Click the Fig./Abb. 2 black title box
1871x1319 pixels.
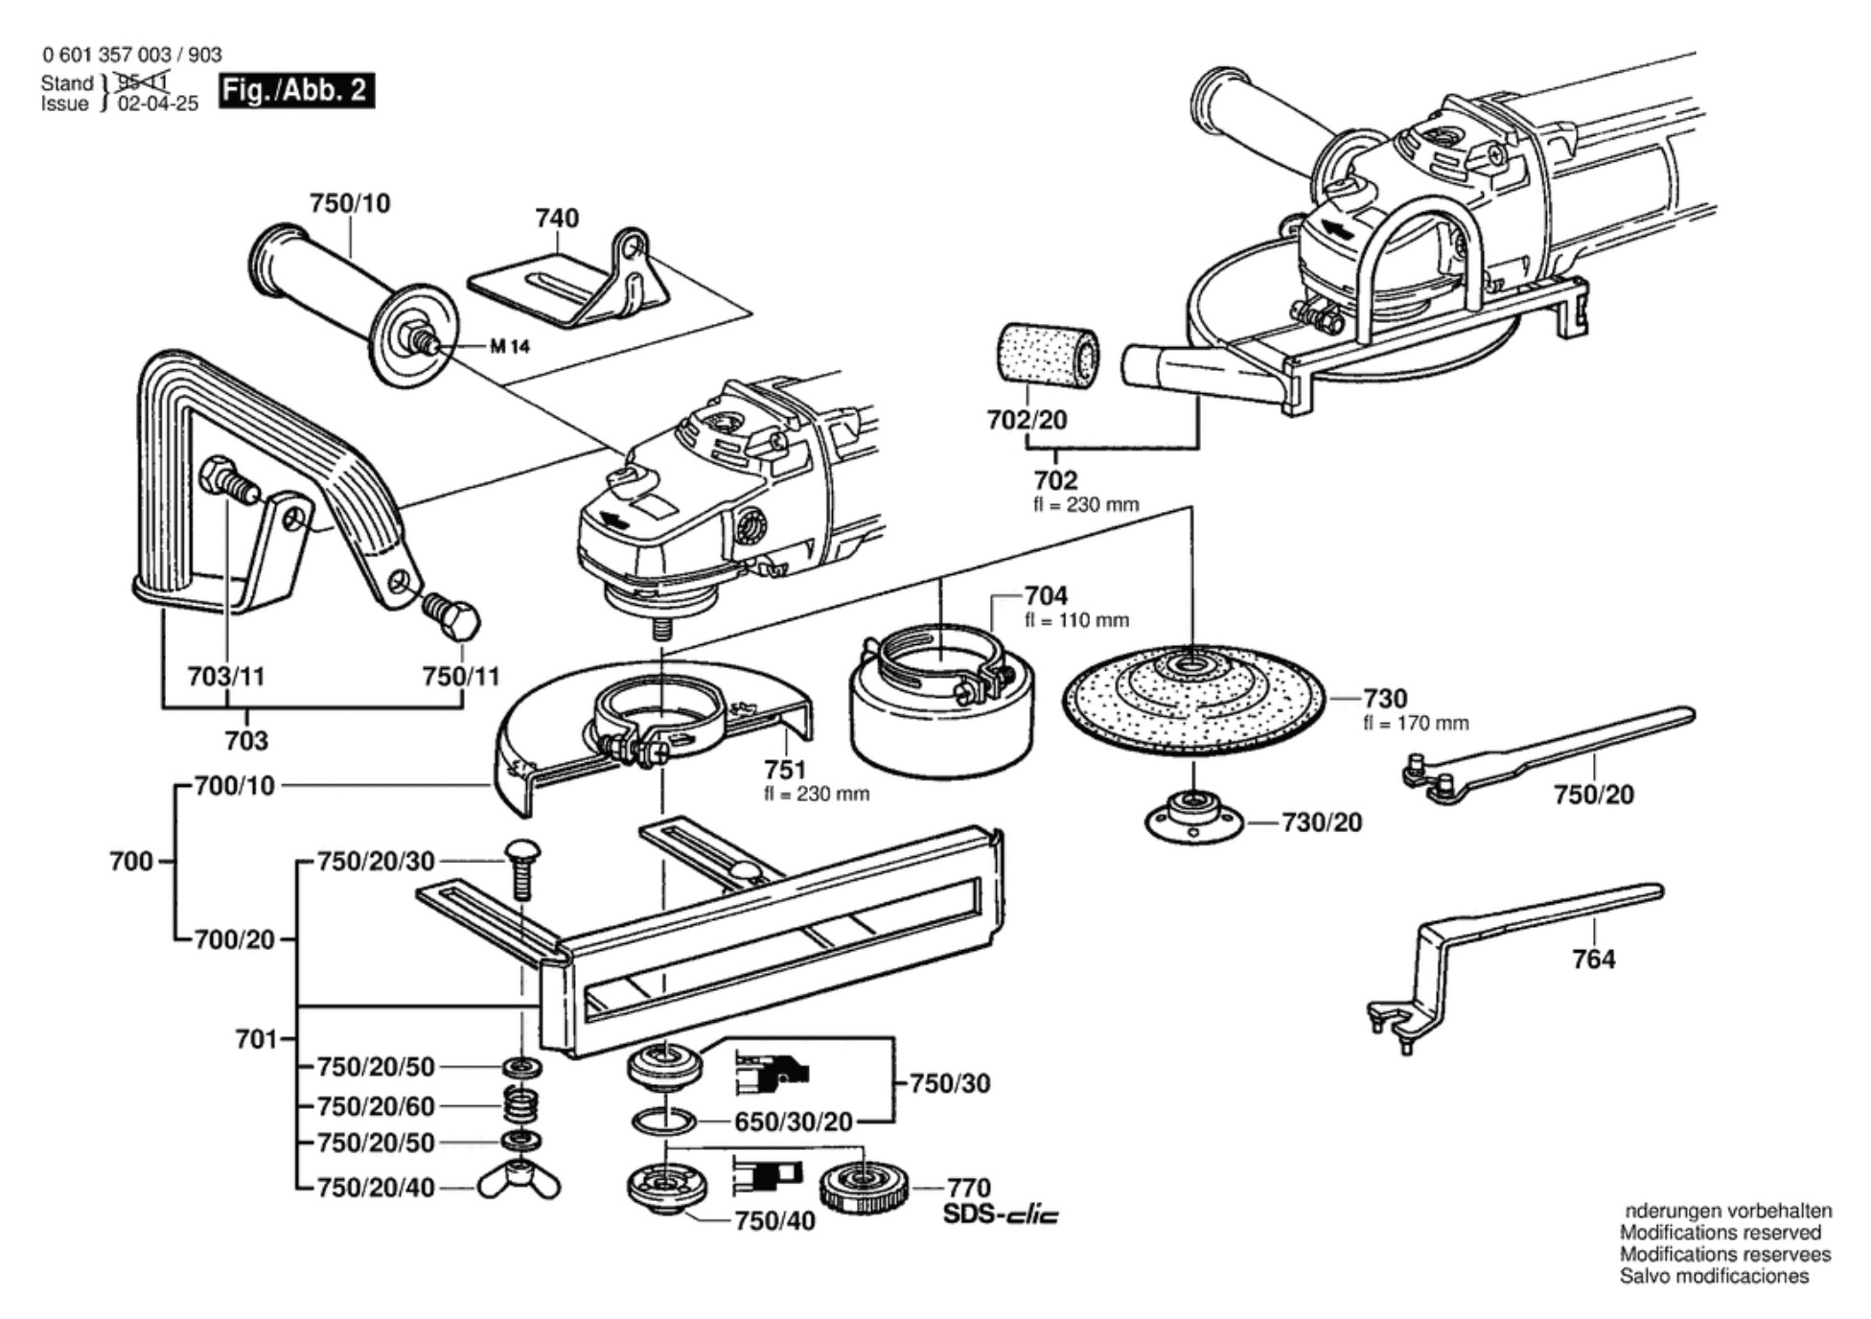(x=296, y=90)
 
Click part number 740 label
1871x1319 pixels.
(x=557, y=219)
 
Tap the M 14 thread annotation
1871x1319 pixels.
(x=509, y=346)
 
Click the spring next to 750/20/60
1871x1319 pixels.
(x=520, y=1105)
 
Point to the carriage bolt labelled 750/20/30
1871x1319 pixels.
(x=521, y=868)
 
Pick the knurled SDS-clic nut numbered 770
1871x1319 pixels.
(x=864, y=1189)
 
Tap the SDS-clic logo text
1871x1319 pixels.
(x=1001, y=1215)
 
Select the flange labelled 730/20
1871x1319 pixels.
(x=1194, y=821)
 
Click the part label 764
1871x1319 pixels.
(x=1593, y=959)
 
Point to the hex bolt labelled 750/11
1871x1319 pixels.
(x=452, y=616)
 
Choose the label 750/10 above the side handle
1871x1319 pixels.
(x=350, y=203)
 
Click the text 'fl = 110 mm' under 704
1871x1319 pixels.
(x=1076, y=620)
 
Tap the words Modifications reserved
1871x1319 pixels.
(x=1720, y=1233)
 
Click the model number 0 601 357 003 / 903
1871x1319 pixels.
(x=131, y=55)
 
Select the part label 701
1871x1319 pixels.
(x=256, y=1039)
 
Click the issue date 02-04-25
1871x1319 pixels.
(x=158, y=104)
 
